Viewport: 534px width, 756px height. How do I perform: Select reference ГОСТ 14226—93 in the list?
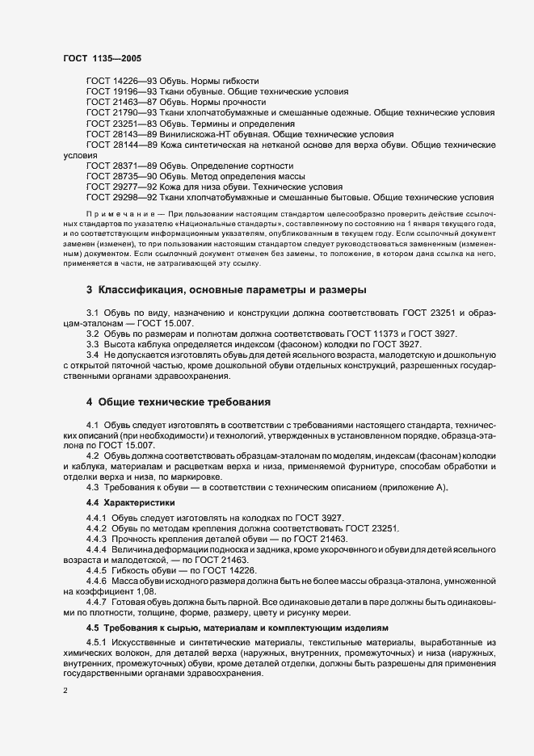pyautogui.click(x=115, y=82)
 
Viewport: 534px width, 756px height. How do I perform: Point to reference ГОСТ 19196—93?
pyautogui.click(x=115, y=92)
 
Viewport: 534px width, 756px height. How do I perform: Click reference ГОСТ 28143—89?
pyautogui.click(x=115, y=134)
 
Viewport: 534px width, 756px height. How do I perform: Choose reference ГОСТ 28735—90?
pyautogui.click(x=115, y=176)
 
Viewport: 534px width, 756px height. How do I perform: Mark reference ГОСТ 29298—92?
pyautogui.click(x=115, y=197)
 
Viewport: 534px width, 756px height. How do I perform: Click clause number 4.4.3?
pyautogui.click(x=96, y=539)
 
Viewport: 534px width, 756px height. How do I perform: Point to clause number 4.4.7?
pyautogui.click(x=96, y=603)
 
